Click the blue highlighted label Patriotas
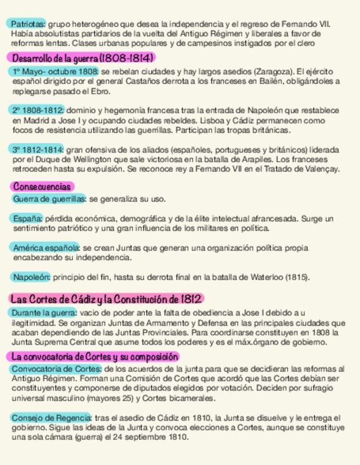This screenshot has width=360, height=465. [x=27, y=24]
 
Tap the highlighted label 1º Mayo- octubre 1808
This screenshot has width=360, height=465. [x=54, y=72]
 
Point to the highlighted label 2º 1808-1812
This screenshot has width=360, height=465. [x=37, y=110]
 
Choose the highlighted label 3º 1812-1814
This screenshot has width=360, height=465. [x=37, y=150]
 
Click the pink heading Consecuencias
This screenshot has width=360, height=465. [x=42, y=187]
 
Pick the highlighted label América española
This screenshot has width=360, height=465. [x=46, y=248]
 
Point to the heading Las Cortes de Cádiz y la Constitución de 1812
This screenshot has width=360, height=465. [x=106, y=299]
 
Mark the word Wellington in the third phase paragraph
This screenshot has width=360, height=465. [x=89, y=160]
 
